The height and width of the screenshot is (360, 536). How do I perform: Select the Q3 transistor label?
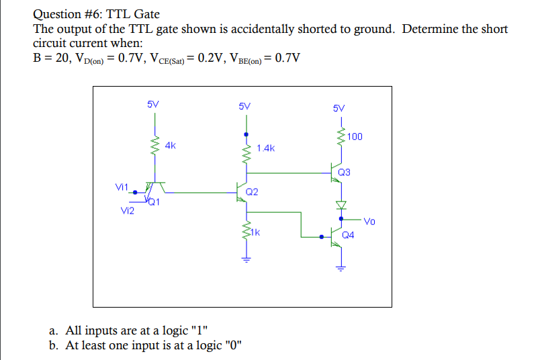344,173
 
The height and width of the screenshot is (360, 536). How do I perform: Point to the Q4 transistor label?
348,236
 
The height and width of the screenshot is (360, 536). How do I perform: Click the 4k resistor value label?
171,144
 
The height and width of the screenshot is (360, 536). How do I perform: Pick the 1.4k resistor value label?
266,148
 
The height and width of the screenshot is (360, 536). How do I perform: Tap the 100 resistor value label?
355,137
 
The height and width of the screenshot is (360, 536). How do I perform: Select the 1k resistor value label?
257,234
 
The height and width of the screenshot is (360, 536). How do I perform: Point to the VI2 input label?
127,211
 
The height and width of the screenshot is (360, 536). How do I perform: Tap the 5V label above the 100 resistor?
339,107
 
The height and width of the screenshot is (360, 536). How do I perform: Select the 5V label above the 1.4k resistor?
244,105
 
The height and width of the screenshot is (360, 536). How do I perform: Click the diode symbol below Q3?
341,204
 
